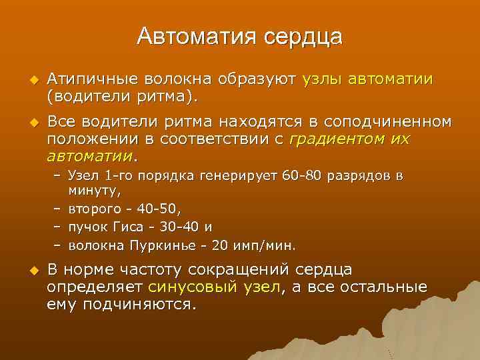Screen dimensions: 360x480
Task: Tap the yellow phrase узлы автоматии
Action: point(367,81)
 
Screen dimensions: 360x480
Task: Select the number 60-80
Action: point(303,177)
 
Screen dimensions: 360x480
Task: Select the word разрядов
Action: point(359,177)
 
